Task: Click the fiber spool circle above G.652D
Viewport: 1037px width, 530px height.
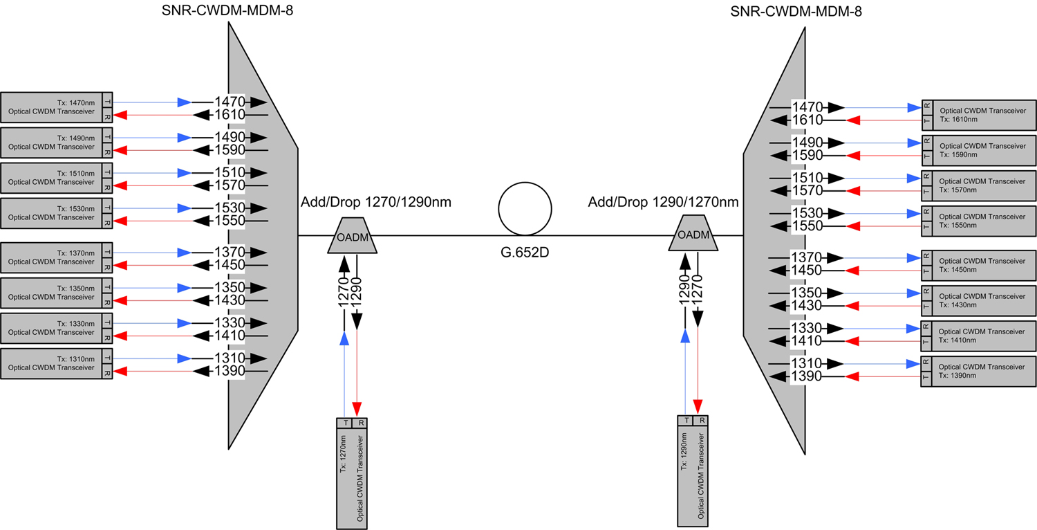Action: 525,208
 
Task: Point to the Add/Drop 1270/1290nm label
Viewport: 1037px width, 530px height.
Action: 376,202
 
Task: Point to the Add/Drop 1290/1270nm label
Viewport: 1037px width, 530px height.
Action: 663,202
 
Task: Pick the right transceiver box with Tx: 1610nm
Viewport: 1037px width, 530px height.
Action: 979,115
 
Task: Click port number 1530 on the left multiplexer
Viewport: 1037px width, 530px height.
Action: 229,208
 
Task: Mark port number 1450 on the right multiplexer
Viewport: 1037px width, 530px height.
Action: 806,270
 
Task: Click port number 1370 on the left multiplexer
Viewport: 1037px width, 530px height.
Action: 229,253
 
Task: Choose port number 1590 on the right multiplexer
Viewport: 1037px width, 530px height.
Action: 806,155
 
